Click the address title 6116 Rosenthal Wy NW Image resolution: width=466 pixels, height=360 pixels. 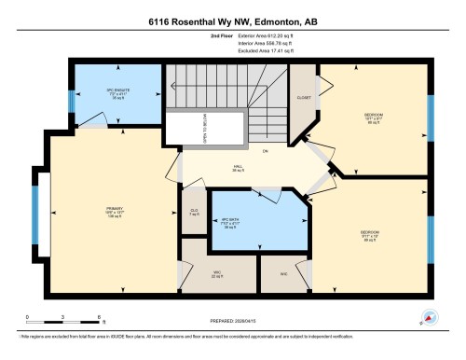pos(232,21)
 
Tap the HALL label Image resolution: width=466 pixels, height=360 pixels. pos(238,168)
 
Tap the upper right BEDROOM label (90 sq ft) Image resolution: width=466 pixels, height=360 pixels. pos(376,118)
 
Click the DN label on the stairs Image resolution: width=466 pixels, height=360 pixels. pos(265,150)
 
